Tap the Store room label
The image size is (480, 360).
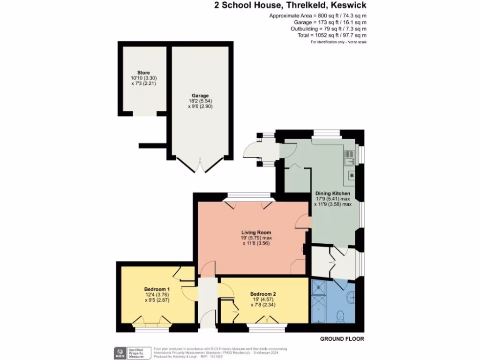click(143, 73)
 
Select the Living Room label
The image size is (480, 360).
click(256, 232)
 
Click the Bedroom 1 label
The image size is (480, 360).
click(157, 289)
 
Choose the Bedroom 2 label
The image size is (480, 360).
click(262, 294)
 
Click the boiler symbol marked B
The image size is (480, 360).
click(351, 175)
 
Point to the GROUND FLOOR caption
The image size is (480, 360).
click(342, 338)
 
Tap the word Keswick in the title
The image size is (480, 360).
click(349, 6)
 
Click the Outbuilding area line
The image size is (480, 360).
click(328, 29)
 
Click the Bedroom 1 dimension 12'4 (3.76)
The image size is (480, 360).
click(157, 294)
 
